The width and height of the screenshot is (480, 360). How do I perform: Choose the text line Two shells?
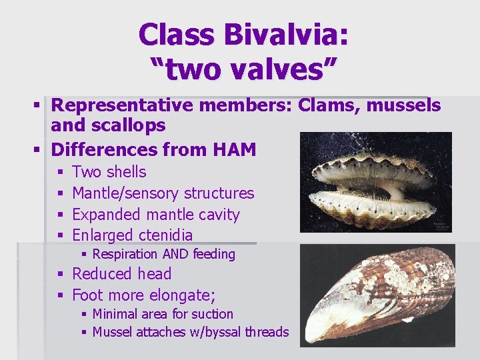tap(109, 172)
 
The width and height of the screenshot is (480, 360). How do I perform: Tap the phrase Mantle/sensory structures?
tap(163, 193)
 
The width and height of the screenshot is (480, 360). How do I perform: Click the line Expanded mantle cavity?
tap(155, 215)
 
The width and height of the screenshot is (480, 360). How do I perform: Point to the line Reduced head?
tap(121, 274)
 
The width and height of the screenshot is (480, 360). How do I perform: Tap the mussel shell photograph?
tap(377, 295)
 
